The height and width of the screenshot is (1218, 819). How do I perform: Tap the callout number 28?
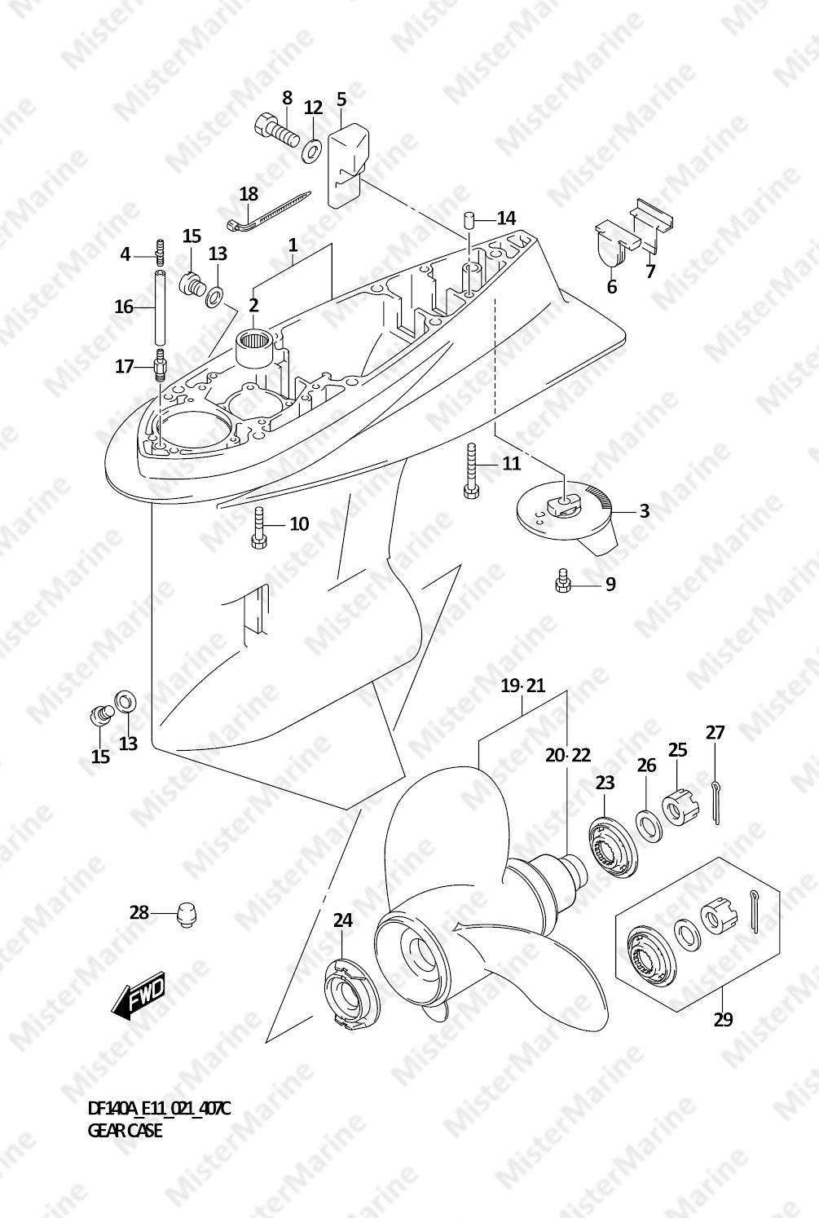[139, 912]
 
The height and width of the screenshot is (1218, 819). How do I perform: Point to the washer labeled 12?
[312, 151]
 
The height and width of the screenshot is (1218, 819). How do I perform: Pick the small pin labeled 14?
[469, 220]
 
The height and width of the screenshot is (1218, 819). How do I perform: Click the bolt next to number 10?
[258, 529]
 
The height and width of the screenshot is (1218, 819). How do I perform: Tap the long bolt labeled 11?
[470, 470]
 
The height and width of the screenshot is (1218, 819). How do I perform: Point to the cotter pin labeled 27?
[715, 802]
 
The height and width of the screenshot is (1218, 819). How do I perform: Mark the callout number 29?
[723, 1019]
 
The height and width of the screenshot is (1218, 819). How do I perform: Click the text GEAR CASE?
[125, 1131]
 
